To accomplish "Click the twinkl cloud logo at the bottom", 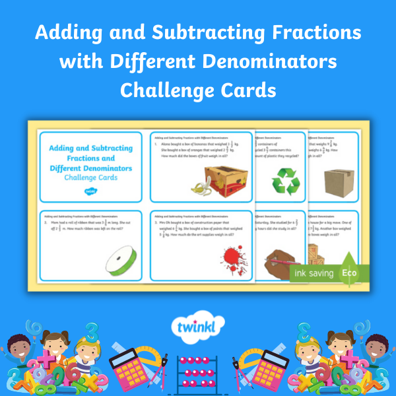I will (x=197, y=329).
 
